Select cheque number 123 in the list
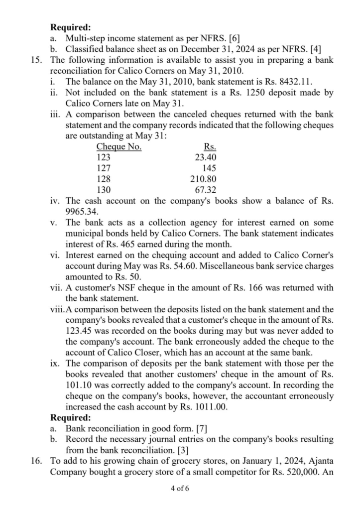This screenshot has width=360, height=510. (103, 158)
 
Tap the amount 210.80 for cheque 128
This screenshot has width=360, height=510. (204, 179)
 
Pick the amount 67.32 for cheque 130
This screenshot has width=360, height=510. (205, 190)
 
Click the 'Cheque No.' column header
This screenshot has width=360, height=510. (119, 147)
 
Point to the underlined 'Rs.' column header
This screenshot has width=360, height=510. (210, 147)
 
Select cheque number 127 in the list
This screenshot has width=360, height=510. (103, 168)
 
